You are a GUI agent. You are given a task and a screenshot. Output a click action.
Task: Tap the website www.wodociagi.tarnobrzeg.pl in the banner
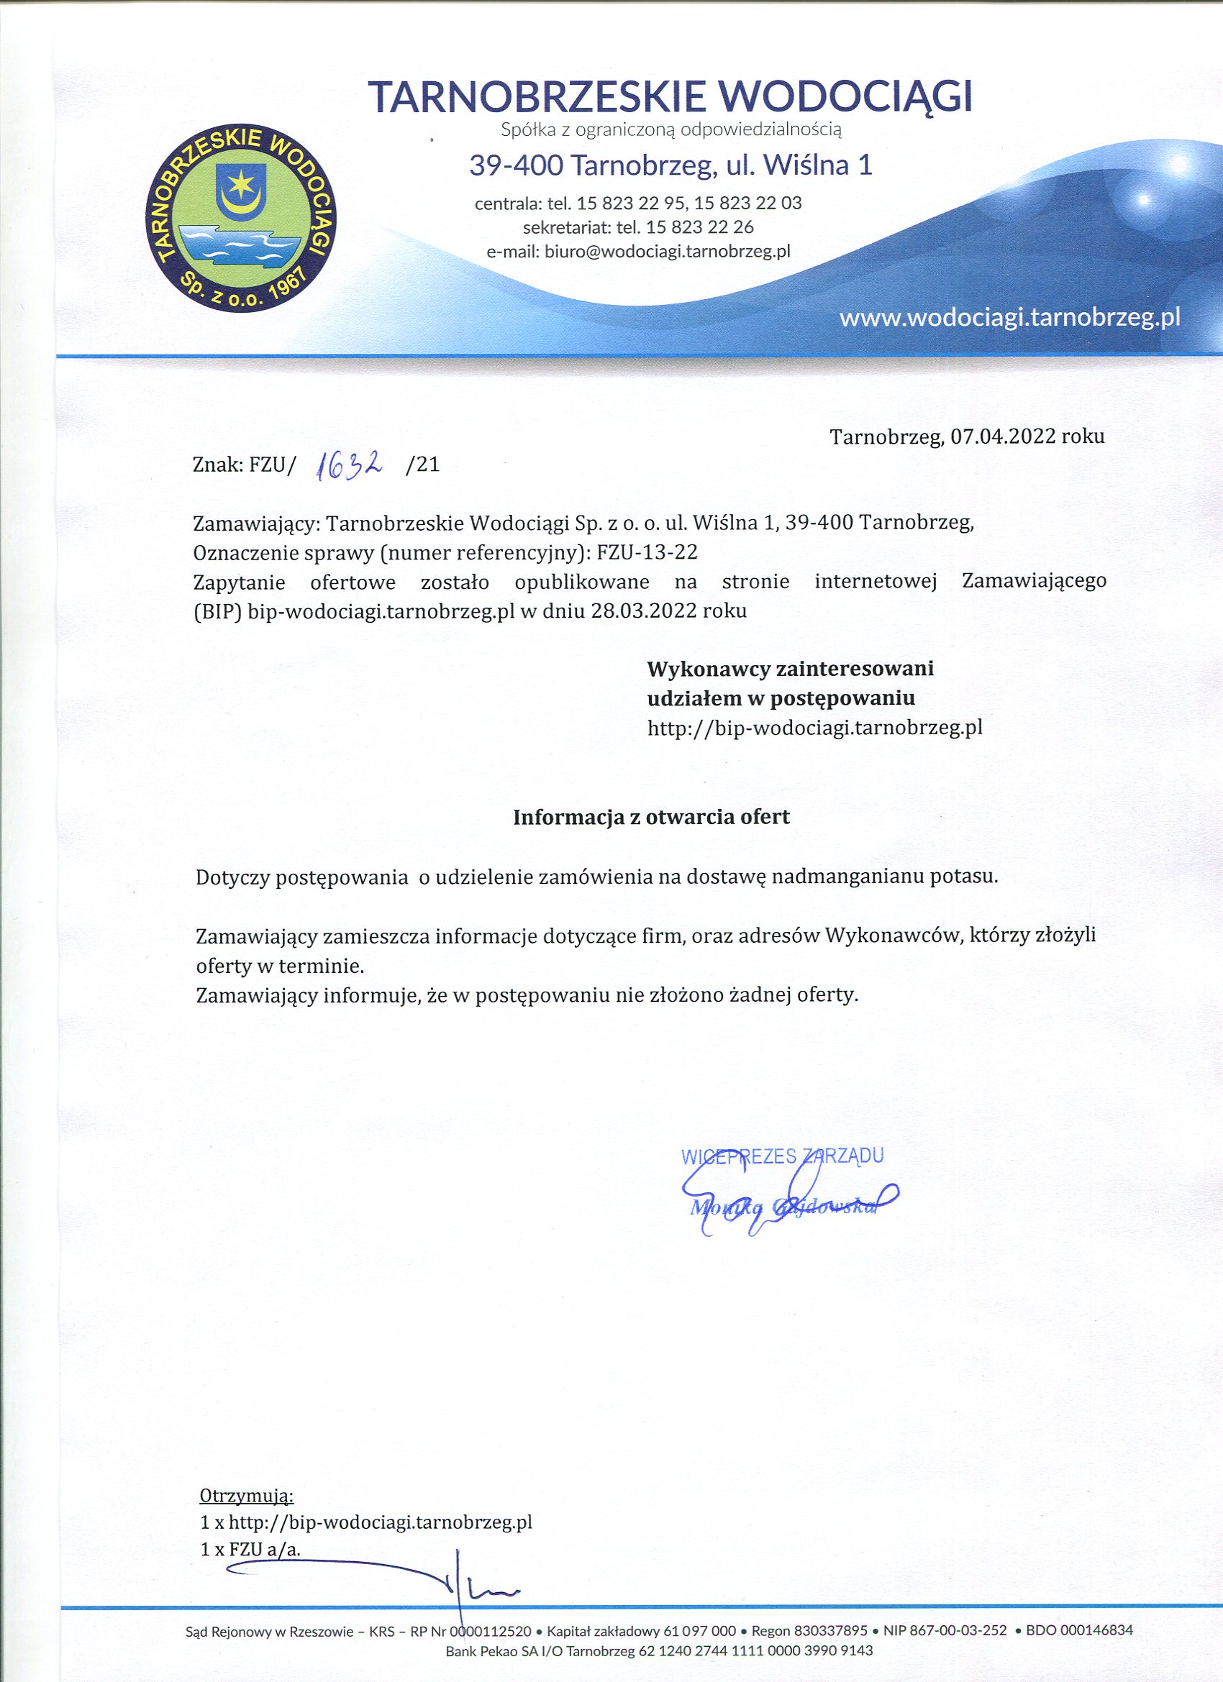click(x=1009, y=318)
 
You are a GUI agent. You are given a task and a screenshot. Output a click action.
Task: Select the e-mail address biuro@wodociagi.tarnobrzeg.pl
click(x=667, y=252)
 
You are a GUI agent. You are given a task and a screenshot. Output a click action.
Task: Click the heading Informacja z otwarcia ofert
click(x=652, y=817)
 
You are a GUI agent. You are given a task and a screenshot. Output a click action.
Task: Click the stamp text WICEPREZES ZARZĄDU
click(x=782, y=1156)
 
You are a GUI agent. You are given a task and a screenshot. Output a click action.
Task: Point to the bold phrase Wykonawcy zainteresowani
click(x=791, y=669)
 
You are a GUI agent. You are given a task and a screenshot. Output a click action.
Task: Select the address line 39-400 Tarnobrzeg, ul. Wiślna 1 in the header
click(x=670, y=165)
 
